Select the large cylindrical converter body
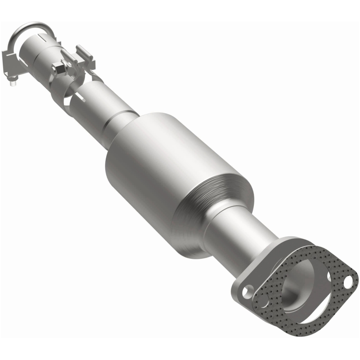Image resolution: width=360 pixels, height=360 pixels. (x=171, y=180)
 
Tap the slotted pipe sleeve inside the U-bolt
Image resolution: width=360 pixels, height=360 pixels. (x=43, y=47)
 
